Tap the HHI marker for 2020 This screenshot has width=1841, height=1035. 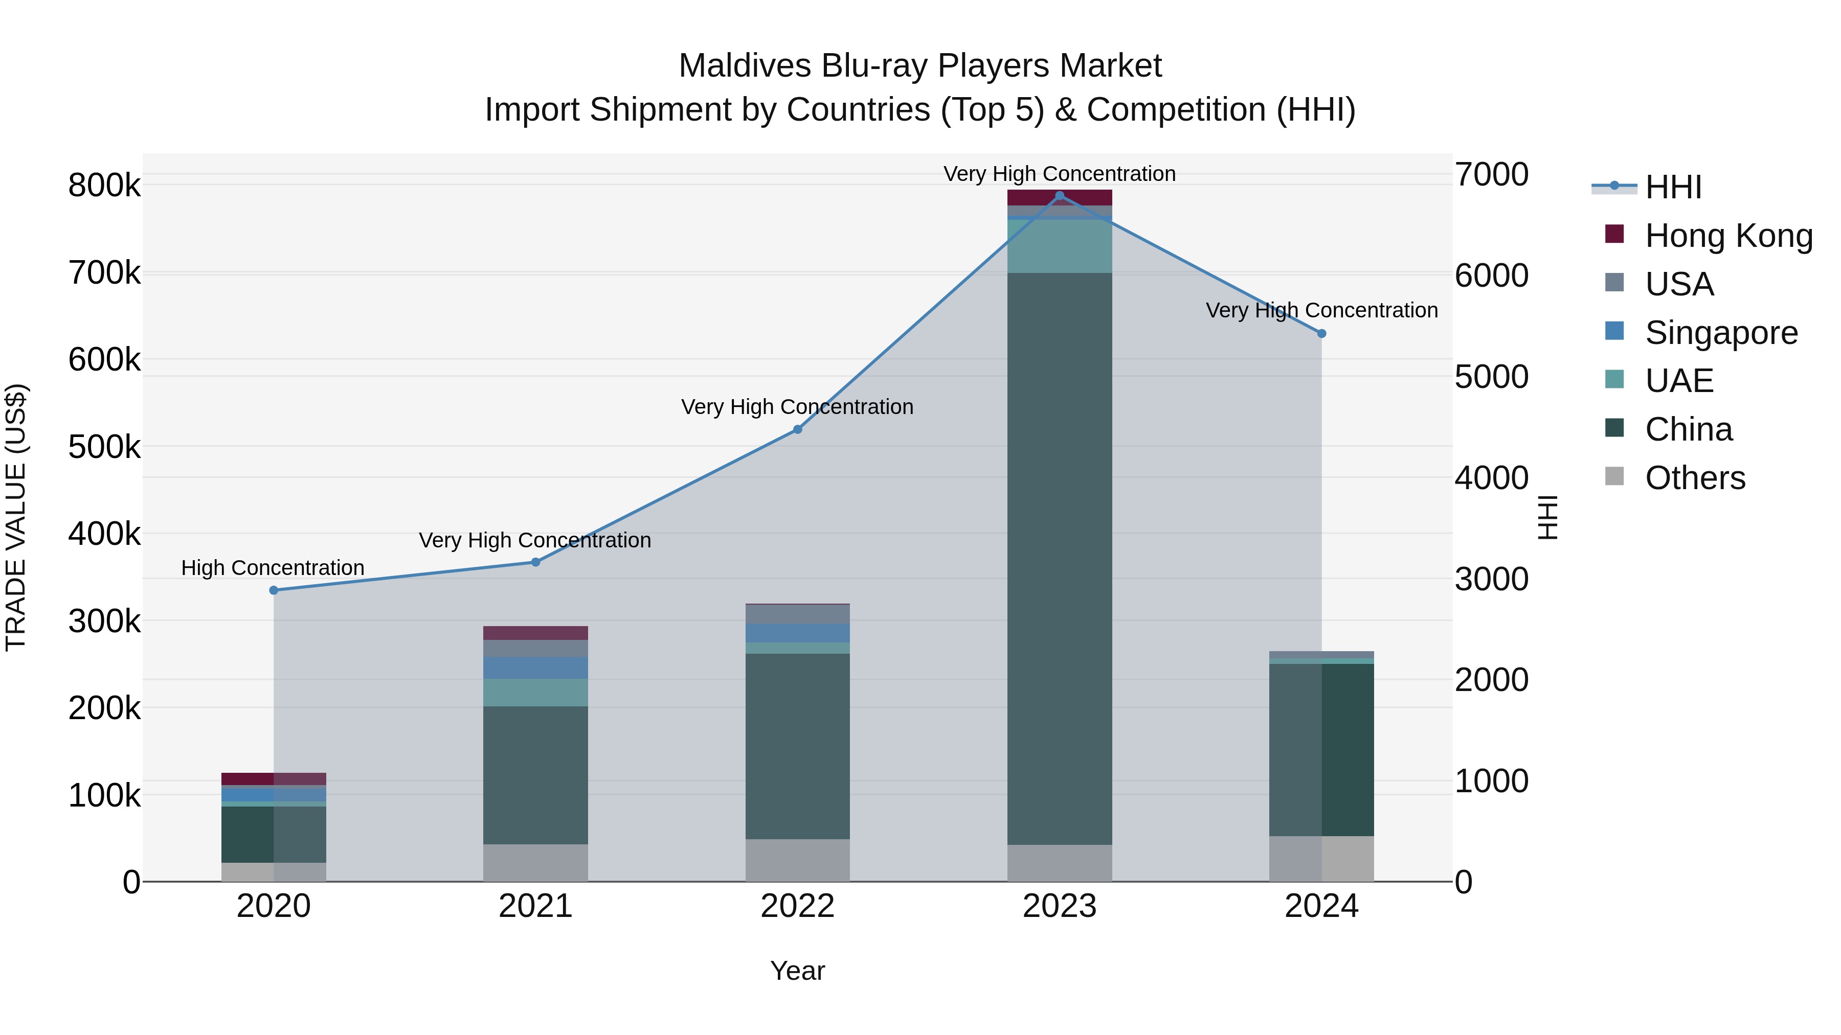click(x=274, y=590)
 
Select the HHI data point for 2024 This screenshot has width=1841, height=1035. click(x=1321, y=334)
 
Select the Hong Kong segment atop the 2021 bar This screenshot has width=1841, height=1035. click(x=535, y=633)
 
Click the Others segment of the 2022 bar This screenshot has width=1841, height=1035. click(x=798, y=860)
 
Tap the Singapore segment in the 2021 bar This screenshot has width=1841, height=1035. click(x=535, y=668)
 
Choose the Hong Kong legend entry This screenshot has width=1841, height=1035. click(x=1728, y=236)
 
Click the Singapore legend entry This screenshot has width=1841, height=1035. click(x=1721, y=333)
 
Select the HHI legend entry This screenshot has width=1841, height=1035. click(x=1672, y=187)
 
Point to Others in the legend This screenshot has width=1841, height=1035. click(x=1695, y=478)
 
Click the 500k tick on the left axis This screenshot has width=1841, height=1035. click(x=104, y=447)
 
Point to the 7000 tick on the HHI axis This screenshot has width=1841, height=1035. click(x=1492, y=174)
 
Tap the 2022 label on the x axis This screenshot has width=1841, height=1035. click(x=798, y=906)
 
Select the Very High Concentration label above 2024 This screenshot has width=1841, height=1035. click(x=1321, y=311)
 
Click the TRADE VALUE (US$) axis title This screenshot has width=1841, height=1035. click(x=16, y=517)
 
